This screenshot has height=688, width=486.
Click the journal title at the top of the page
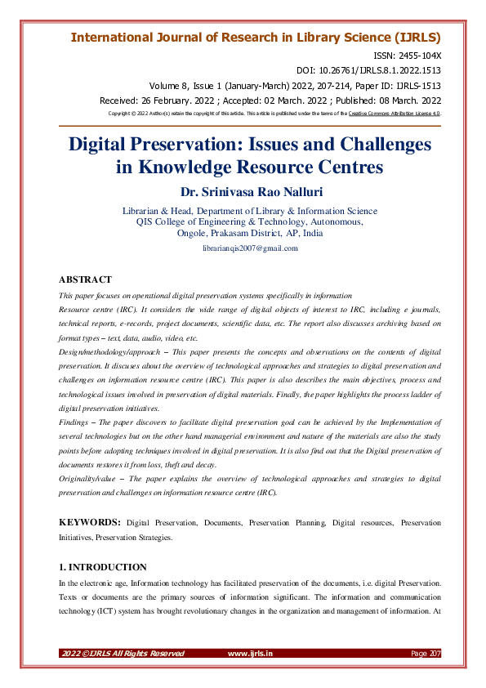pos(256,38)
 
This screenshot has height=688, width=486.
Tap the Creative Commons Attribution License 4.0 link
pos(396,114)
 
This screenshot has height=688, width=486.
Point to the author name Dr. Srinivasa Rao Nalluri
pos(249,193)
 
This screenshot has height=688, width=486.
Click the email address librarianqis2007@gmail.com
pos(249,248)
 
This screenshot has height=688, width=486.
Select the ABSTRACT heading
pos(85,279)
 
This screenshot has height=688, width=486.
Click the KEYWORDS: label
pos(90,522)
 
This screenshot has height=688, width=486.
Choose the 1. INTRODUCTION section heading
pos(103,566)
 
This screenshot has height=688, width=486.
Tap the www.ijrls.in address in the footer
pos(250,653)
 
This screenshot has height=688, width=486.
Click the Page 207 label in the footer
pos(426,653)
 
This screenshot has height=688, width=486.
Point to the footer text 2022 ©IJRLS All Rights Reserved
pos(123,653)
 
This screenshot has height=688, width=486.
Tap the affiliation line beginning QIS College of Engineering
pos(249,221)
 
